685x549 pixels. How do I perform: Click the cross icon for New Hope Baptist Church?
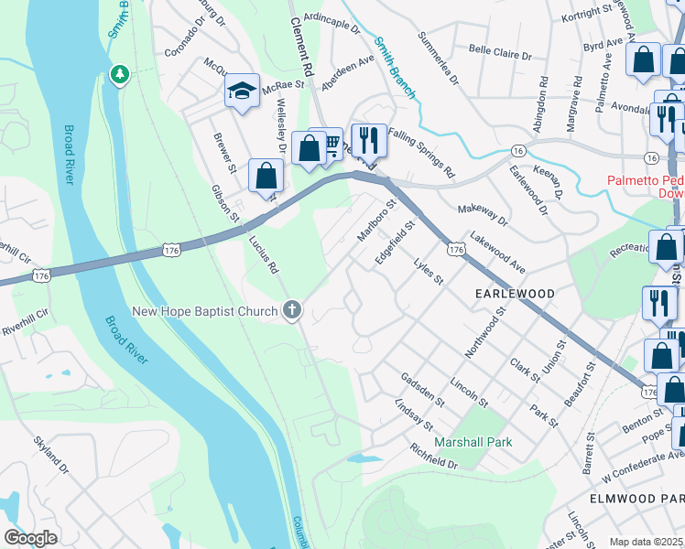click(x=292, y=311)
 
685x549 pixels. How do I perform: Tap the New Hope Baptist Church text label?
click(x=205, y=312)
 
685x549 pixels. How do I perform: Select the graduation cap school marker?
click(x=242, y=91)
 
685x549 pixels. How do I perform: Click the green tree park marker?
click(x=119, y=73)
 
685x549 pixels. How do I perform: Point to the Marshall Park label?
click(x=473, y=442)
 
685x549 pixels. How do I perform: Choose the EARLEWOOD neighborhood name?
click(x=515, y=294)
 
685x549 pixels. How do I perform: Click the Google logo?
click(x=30, y=537)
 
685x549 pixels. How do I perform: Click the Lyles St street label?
click(x=428, y=272)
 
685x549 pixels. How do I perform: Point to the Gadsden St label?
click(x=421, y=389)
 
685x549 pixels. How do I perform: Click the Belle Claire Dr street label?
click(x=500, y=53)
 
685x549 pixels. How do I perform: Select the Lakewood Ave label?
click(x=497, y=253)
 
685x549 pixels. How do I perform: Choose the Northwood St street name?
click(x=485, y=333)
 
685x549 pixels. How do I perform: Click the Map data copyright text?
click(x=647, y=542)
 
